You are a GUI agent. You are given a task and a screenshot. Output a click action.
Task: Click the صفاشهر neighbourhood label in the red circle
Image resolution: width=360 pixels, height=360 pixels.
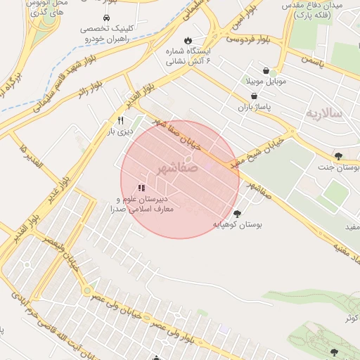[173, 169]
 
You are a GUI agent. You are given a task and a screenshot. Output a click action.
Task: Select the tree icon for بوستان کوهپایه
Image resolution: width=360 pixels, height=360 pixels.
[237, 213]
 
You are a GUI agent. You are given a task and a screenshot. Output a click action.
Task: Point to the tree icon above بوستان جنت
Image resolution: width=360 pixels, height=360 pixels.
[338, 156]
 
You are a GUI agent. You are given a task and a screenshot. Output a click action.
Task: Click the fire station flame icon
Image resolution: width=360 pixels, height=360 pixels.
[188, 39]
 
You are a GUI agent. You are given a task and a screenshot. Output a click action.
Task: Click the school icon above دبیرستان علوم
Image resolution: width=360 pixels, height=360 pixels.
[141, 188]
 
